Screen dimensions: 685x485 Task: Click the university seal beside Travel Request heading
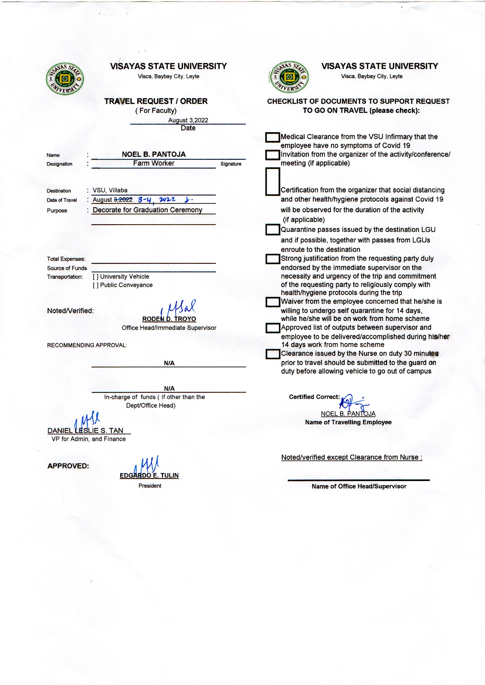[65, 79]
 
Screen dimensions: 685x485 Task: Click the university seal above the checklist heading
[289, 77]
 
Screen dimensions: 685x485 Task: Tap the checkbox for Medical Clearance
[272, 137]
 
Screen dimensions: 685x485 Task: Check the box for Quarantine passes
[272, 230]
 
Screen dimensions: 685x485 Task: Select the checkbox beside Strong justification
[272, 259]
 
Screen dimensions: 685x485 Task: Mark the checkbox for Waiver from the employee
[272, 302]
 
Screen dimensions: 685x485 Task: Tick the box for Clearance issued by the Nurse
[272, 354]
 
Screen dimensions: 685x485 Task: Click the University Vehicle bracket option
[96, 277]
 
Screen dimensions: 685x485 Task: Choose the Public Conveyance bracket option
[96, 285]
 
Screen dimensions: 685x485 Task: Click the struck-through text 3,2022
[123, 200]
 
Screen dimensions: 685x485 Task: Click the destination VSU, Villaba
[110, 191]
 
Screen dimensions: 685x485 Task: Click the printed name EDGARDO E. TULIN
[149, 475]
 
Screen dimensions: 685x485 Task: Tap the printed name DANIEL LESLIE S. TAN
[85, 431]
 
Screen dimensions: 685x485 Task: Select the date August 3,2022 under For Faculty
[188, 120]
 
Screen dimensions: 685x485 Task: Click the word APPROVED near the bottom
[68, 466]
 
